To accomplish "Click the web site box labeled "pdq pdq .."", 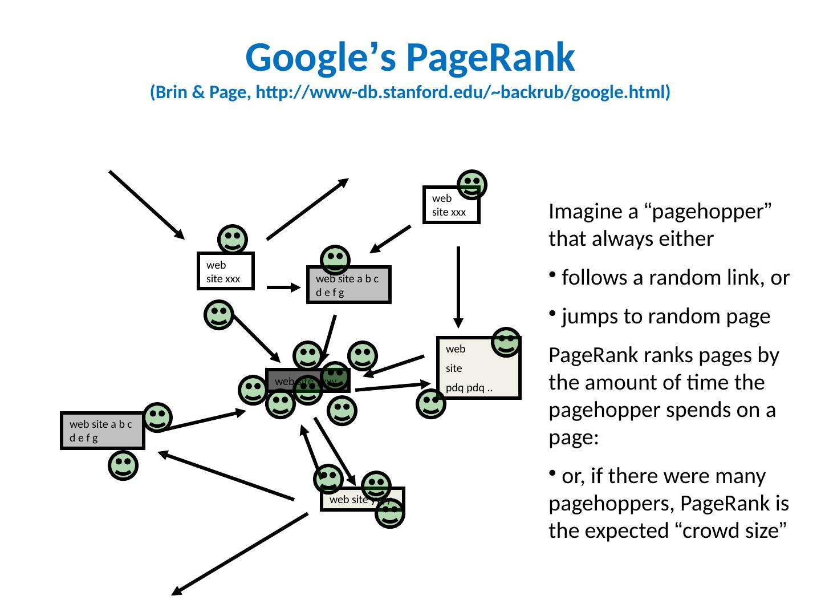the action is tap(478, 368).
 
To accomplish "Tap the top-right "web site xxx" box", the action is tap(451, 205).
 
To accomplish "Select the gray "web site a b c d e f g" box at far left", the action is tap(102, 431).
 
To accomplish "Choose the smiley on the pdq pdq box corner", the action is tap(506, 342).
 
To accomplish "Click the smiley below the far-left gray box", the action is tap(123, 465).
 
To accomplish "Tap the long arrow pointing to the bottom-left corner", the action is tap(239, 554).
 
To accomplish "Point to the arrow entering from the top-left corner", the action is tap(146, 204).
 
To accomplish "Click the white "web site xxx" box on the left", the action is tap(225, 271).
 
